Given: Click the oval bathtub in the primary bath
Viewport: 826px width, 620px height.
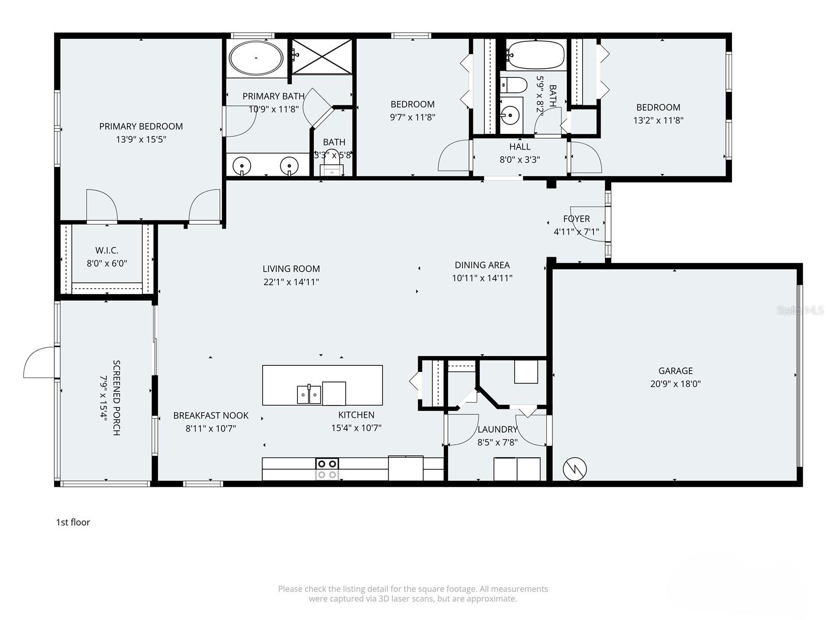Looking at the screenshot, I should click(256, 58).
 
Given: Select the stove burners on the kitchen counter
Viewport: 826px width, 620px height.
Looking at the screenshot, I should click(327, 469).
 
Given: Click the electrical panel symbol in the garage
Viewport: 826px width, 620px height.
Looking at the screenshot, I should click(574, 469).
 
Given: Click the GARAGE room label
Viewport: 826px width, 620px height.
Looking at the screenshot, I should click(675, 370).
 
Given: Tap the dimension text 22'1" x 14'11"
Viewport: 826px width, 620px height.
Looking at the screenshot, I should click(291, 282).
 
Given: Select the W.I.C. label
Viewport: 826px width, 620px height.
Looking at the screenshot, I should click(107, 251).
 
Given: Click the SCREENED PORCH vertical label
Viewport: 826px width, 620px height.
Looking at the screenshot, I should click(117, 398).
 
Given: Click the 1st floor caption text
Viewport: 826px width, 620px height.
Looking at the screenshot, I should click(73, 522).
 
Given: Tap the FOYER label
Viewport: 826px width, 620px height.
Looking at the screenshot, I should click(576, 219).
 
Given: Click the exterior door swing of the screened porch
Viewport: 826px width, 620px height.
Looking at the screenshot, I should click(39, 362).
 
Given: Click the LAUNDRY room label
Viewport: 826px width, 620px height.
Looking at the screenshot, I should click(497, 429).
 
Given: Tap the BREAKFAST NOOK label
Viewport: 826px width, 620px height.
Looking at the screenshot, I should click(211, 415).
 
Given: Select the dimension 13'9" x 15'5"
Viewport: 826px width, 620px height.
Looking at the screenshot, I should click(141, 139).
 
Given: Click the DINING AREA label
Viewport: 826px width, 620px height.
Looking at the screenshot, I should click(482, 265).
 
